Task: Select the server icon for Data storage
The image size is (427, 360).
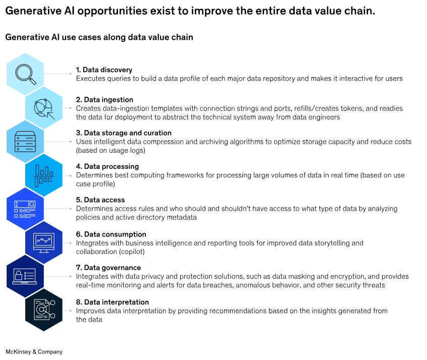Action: [25, 142]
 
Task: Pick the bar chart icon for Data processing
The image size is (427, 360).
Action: [43, 175]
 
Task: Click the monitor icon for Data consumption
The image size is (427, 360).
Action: [43, 243]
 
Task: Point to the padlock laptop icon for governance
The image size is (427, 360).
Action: [25, 276]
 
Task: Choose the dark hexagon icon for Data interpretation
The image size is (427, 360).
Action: [44, 310]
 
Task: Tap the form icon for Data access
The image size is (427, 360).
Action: [25, 209]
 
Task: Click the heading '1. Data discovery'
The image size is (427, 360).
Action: [104, 70]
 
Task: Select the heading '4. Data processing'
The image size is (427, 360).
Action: [108, 166]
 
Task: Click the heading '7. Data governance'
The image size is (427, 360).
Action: [109, 268]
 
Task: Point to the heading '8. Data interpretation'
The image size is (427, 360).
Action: [113, 302]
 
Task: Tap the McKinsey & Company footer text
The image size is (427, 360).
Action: [34, 351]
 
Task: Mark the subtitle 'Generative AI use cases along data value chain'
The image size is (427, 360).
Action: [99, 37]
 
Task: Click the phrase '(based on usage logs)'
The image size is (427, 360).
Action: [111, 150]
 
